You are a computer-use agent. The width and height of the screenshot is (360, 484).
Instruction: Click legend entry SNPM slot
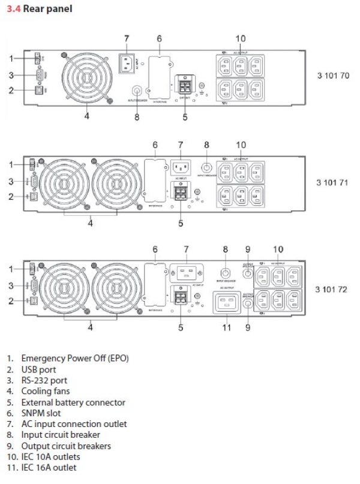click(41, 413)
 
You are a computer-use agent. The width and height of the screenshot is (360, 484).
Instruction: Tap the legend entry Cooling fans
click(46, 391)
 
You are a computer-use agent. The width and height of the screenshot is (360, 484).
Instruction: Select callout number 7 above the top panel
click(127, 38)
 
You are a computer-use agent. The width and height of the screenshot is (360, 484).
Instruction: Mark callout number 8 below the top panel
click(136, 117)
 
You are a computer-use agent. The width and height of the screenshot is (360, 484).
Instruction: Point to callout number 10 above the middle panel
click(241, 145)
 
